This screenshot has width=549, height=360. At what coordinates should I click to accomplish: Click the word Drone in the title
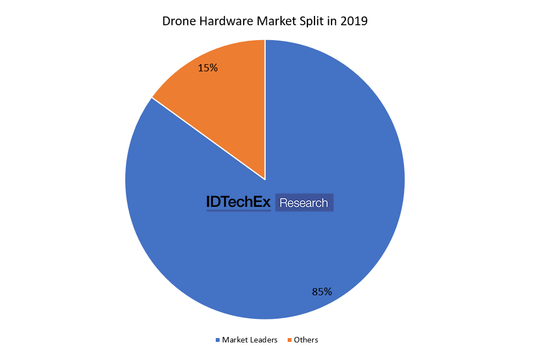pos(177,22)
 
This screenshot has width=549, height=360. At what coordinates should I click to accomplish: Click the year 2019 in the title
pos(354,22)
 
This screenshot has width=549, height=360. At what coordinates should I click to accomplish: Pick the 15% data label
pos(208,68)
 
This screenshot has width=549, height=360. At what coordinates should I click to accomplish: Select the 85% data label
pos(322,292)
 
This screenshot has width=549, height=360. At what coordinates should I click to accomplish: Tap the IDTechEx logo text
pos(238,203)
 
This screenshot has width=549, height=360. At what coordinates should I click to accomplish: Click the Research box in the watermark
pos(304,203)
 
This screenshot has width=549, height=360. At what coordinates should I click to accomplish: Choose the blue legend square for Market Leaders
pos(217,340)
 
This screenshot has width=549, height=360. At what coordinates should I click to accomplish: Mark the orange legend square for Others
pos(289,340)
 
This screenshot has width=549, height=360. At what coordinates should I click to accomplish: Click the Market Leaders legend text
pos(250,340)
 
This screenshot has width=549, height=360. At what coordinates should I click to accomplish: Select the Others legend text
pos(306,340)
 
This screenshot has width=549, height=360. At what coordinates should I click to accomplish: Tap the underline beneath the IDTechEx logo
pos(238,211)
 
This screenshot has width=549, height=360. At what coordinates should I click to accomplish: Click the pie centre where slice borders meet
pos(265,179)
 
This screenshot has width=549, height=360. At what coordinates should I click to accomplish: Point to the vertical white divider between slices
pos(265,110)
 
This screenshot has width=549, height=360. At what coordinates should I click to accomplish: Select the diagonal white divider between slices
pos(209,139)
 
